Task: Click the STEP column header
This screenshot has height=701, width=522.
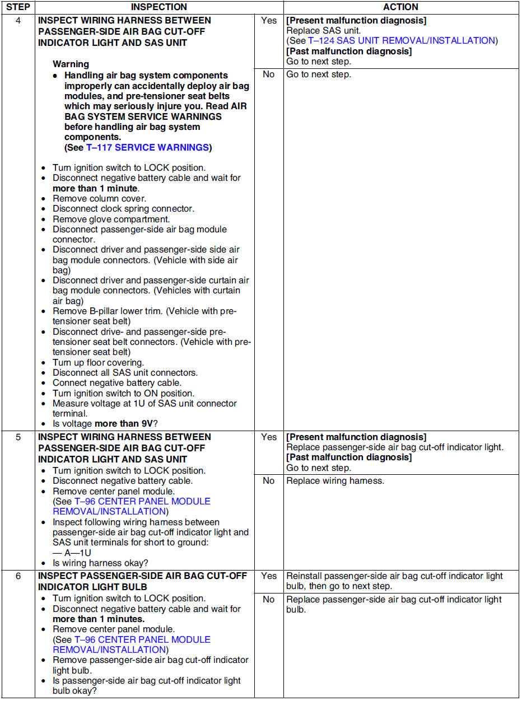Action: [x=18, y=7]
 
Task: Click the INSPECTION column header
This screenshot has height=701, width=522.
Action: [x=159, y=7]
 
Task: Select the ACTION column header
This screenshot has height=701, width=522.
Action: [x=400, y=7]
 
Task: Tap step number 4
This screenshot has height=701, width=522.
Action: [x=18, y=21]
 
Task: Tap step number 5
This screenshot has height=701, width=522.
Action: [x=18, y=437]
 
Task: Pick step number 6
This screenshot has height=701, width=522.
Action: [x=18, y=576]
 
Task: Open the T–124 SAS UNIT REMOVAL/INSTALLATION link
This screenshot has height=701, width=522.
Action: [x=401, y=41]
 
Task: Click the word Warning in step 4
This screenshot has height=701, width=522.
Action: [x=71, y=64]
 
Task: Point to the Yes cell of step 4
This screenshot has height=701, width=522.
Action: [x=269, y=21]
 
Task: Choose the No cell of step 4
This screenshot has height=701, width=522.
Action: [x=269, y=74]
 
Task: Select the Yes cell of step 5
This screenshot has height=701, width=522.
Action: [x=269, y=437]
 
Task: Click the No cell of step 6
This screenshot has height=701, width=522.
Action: [x=269, y=600]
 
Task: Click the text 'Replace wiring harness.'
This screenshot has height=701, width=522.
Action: [x=335, y=481]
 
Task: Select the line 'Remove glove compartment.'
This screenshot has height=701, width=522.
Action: [x=111, y=219]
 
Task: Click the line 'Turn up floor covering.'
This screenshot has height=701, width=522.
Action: [x=98, y=363]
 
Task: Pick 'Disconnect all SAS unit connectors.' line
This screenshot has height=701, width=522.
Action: [x=125, y=373]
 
